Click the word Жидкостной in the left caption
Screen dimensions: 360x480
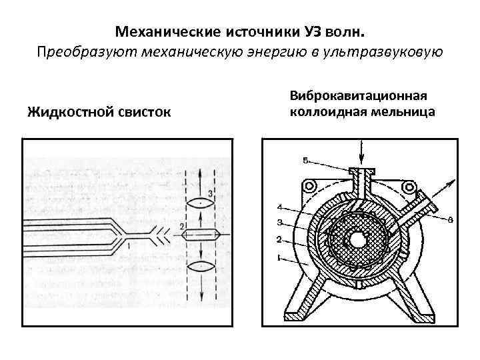[69, 111]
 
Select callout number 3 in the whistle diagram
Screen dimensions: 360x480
[210, 193]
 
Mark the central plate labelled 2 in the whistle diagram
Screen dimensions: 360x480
[200, 234]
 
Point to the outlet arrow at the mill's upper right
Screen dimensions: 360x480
[447, 183]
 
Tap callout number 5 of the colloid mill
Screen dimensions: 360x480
[305, 161]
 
